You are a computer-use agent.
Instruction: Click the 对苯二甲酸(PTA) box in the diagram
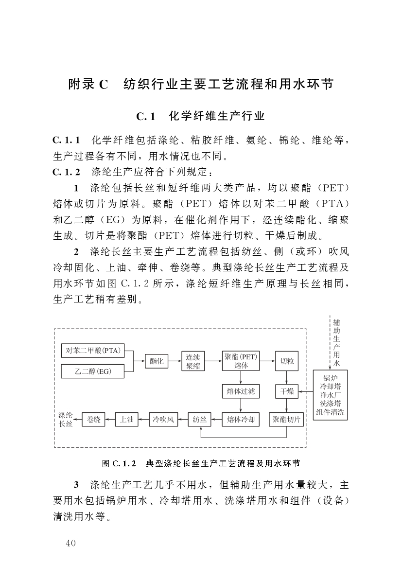92,350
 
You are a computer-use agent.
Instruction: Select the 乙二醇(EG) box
92,372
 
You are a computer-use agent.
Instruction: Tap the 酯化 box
156,361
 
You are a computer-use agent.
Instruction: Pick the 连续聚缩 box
193,361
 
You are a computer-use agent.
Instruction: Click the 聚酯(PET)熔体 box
241,361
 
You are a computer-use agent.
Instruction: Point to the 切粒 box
287,361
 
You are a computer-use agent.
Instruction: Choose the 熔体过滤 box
241,391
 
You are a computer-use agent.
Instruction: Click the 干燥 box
287,391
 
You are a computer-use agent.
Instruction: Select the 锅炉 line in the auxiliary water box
330,377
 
